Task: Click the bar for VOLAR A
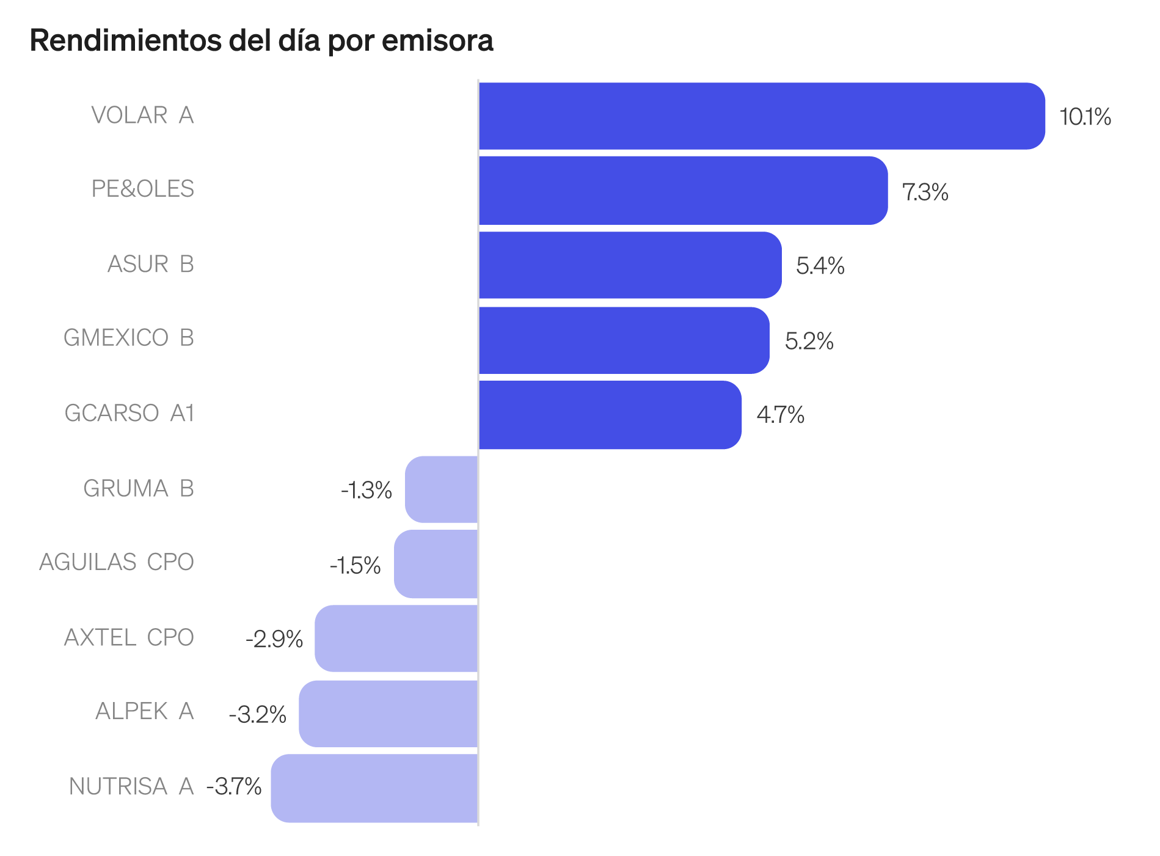tap(761, 116)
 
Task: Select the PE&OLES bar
tap(683, 191)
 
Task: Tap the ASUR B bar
tap(630, 265)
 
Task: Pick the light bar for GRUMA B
tap(442, 489)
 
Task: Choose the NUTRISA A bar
tap(374, 788)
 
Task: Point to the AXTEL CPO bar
tap(396, 638)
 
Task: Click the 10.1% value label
tap(1085, 117)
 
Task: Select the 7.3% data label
tap(925, 192)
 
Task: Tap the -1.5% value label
tap(355, 566)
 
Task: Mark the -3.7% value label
tap(234, 786)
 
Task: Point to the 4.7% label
tap(780, 415)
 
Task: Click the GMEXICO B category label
tap(128, 338)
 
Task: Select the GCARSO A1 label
tap(129, 413)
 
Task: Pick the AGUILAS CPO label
tap(116, 562)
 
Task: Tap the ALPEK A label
tap(144, 711)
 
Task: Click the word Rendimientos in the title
tap(125, 41)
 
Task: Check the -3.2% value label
tap(257, 714)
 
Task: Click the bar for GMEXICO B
tap(624, 340)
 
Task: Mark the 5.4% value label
tap(820, 266)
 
